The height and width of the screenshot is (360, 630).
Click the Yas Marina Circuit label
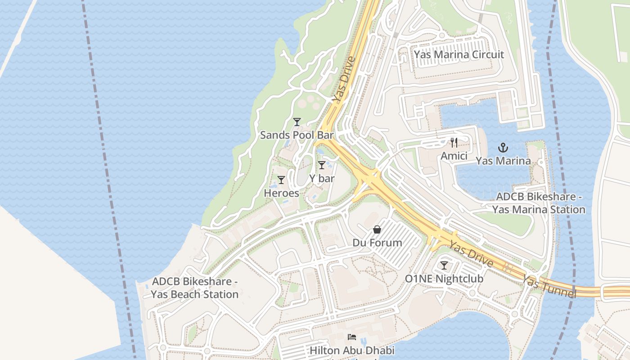click(x=459, y=54)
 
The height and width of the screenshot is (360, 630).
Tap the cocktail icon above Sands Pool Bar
click(x=297, y=122)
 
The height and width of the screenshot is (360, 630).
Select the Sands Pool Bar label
click(x=297, y=135)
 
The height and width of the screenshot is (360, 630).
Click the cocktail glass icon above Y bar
click(x=321, y=165)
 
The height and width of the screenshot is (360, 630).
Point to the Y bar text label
click(x=322, y=179)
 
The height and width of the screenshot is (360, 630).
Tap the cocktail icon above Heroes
click(x=281, y=180)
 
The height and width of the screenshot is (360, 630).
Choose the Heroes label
click(x=281, y=193)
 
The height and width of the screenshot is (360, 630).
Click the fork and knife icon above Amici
click(x=454, y=143)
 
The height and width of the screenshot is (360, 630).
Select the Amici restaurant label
click(x=454, y=156)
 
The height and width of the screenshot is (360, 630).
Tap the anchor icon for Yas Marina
click(x=503, y=148)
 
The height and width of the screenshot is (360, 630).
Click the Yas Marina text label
click(x=503, y=161)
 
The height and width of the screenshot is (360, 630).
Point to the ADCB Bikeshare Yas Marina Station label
click(x=539, y=203)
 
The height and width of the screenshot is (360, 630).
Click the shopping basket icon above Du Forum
click(x=377, y=229)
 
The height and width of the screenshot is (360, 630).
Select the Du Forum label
click(x=377, y=243)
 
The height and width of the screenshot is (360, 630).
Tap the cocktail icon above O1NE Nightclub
click(x=444, y=265)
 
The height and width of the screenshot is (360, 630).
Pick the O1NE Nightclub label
click(x=444, y=279)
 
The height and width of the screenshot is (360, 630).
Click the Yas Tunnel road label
click(x=549, y=287)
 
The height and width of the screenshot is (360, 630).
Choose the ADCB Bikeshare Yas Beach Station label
click(x=194, y=288)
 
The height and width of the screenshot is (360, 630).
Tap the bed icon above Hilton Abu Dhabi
click(x=352, y=337)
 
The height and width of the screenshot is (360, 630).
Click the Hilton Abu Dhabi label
click(x=352, y=350)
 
